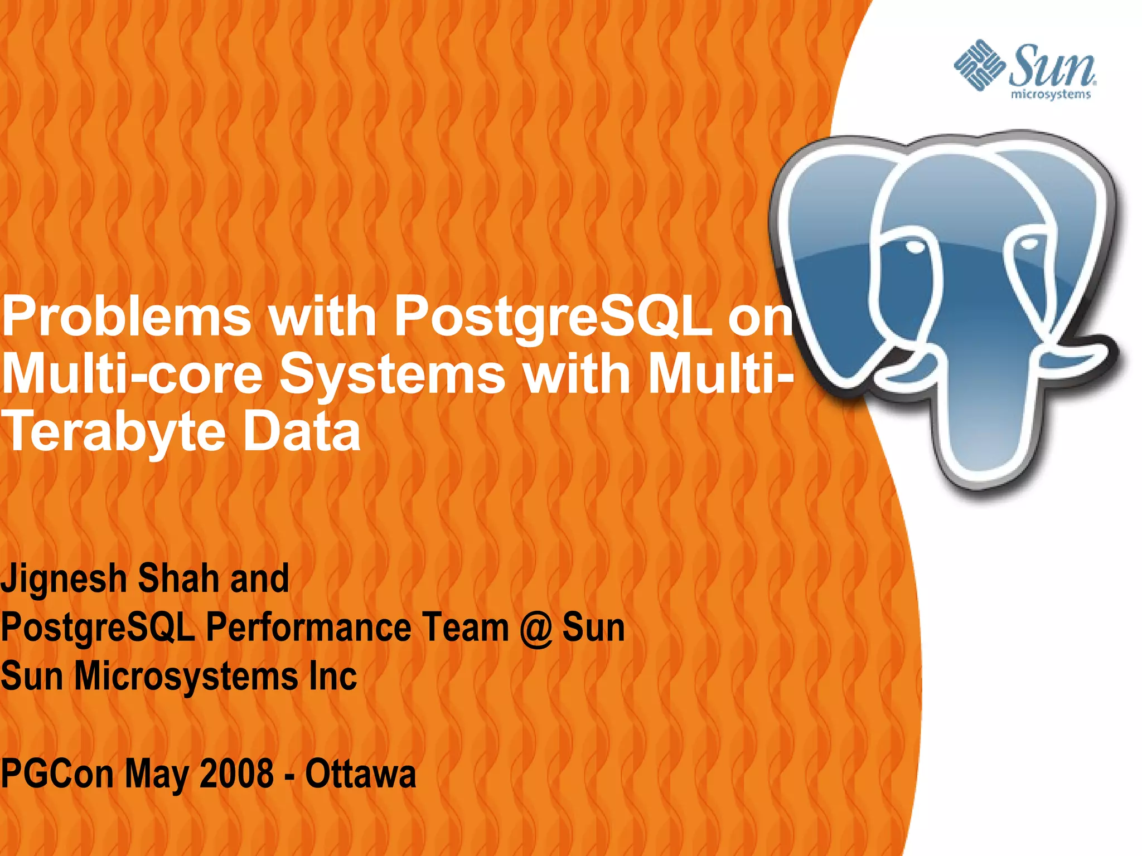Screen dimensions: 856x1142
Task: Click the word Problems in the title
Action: [127, 317]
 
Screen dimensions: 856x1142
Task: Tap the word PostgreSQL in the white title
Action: [552, 318]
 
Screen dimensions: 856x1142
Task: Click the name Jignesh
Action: [64, 580]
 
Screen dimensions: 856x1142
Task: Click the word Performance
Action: [308, 628]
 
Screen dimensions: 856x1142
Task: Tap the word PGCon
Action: [57, 775]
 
